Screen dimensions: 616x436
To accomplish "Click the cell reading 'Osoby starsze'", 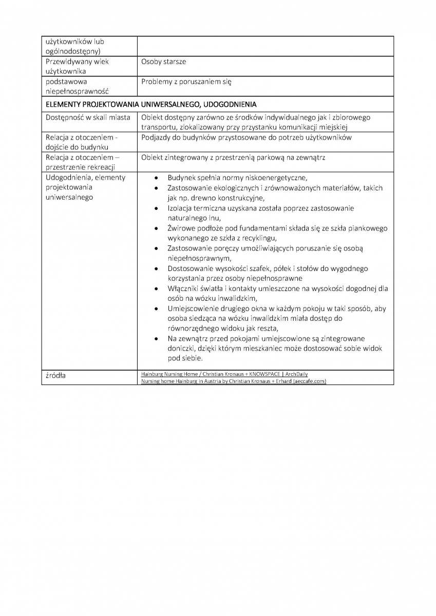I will pyautogui.click(x=164, y=62).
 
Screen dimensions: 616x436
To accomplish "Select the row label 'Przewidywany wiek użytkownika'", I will pyautogui.click(x=77, y=66).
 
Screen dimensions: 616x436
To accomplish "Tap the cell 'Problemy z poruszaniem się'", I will pyautogui.click(x=186, y=82).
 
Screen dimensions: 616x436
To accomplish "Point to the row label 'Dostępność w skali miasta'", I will pyautogui.click(x=88, y=117).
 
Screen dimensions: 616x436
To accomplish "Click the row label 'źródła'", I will pyautogui.click(x=55, y=376).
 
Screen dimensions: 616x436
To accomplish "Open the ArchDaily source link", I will pyautogui.click(x=224, y=374).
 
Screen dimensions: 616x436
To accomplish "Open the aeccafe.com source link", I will pyautogui.click(x=234, y=381).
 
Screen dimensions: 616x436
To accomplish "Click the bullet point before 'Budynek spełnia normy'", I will pyautogui.click(x=157, y=178).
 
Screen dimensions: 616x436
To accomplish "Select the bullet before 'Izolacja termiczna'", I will pyautogui.click(x=157, y=208).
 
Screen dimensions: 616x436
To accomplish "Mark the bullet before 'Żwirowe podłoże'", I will pyautogui.click(x=157, y=228).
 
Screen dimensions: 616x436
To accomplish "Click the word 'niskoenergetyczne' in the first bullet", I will pyautogui.click(x=277, y=178).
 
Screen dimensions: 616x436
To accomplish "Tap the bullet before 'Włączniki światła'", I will pyautogui.click(x=157, y=289).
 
